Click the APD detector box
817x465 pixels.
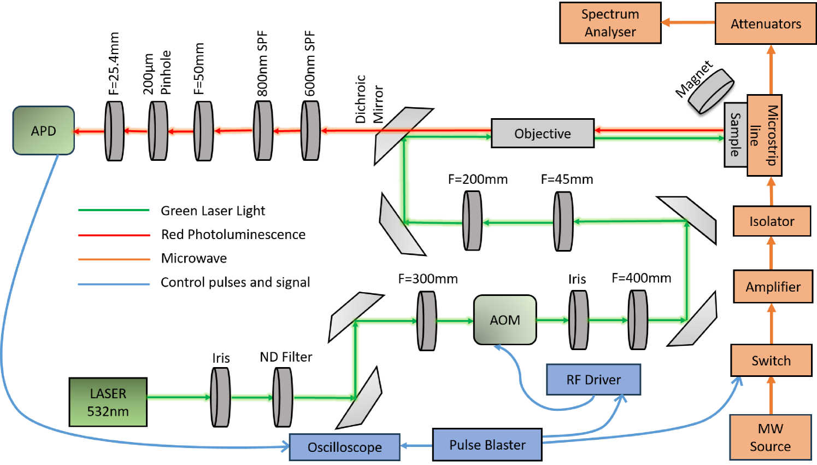click(x=44, y=131)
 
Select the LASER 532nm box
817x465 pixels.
click(x=108, y=402)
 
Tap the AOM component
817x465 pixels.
click(x=505, y=320)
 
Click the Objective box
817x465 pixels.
click(x=543, y=133)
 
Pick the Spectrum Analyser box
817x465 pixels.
click(x=610, y=23)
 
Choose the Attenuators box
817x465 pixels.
click(x=766, y=24)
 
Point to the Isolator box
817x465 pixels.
click(x=772, y=222)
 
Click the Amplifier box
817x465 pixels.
click(x=773, y=287)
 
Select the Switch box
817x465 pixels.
click(x=771, y=361)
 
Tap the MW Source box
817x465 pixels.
click(x=770, y=438)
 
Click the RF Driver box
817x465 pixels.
click(x=593, y=380)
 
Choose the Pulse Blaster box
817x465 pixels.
click(x=487, y=445)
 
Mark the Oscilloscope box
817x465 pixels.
click(x=345, y=447)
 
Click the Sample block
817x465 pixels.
click(x=736, y=135)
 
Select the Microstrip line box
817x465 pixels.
click(x=764, y=135)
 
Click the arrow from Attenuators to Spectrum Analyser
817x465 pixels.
click(x=688, y=23)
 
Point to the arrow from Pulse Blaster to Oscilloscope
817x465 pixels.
click(x=417, y=445)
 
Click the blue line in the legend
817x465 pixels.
click(x=114, y=284)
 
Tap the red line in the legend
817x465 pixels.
click(x=114, y=235)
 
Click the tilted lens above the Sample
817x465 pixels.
click(x=711, y=91)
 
